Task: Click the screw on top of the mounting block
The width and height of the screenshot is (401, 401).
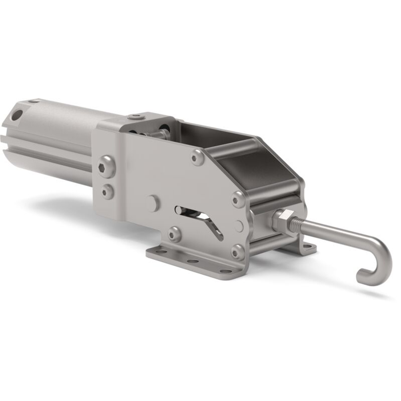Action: (136, 117)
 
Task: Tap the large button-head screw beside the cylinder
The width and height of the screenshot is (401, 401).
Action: (106, 167)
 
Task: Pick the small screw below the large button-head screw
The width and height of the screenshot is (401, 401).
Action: (107, 192)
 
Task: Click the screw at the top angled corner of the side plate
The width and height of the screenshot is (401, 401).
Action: (198, 157)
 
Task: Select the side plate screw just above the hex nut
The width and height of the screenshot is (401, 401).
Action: (238, 199)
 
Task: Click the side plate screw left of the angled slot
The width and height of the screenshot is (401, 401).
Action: (174, 234)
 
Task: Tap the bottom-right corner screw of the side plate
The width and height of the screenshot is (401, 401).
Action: (238, 252)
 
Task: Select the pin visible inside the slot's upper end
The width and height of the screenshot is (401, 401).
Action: (179, 210)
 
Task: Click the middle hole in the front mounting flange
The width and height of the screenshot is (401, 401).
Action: (193, 261)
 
